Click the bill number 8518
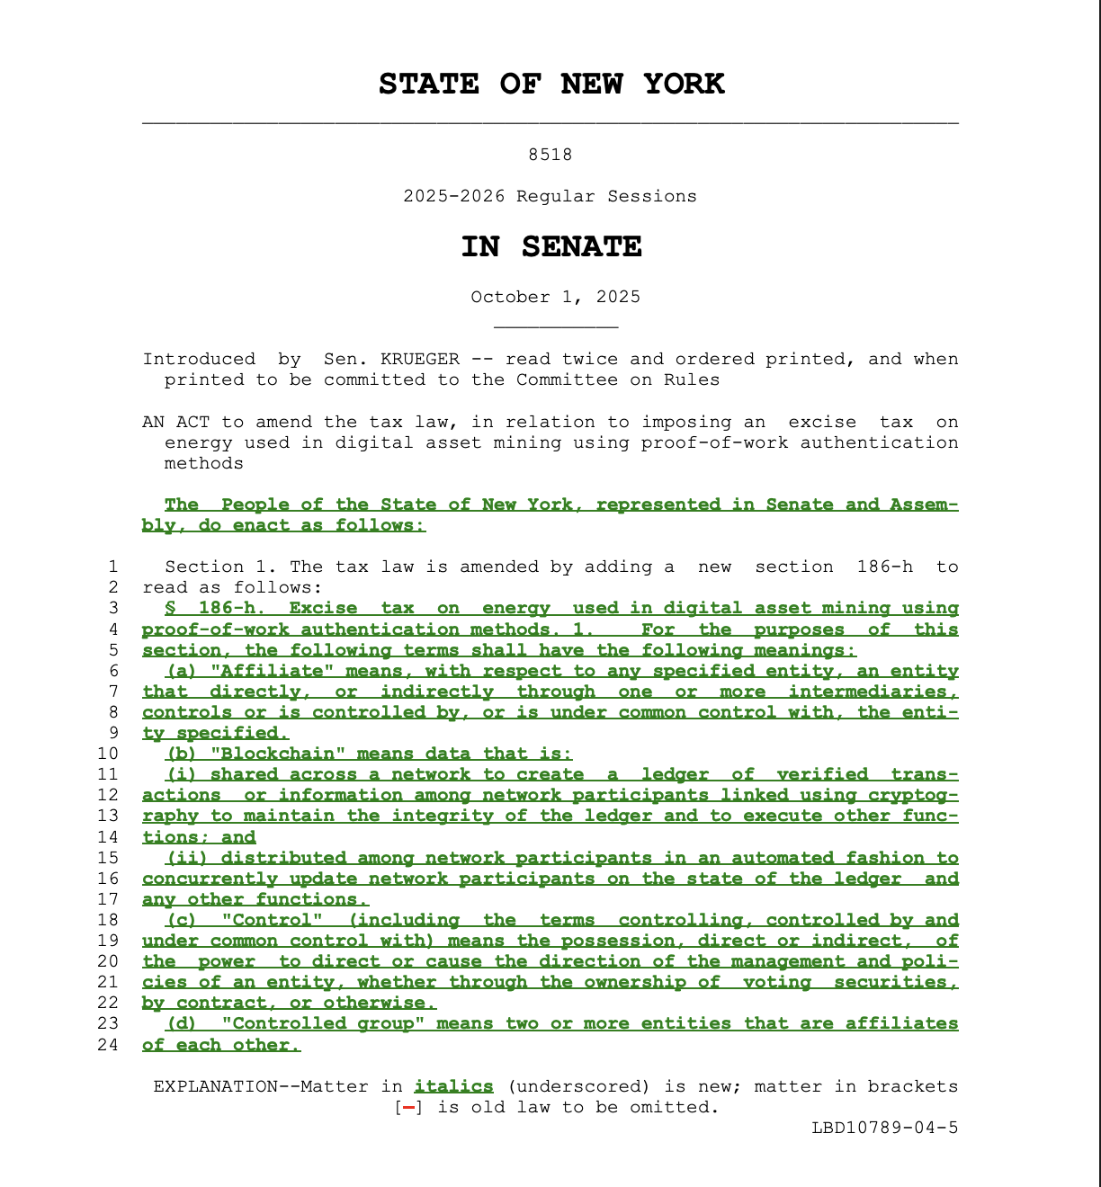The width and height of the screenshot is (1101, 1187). tap(550, 155)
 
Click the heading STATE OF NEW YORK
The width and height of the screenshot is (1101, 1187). tap(550, 85)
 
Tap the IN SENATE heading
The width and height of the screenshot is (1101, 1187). tap(550, 247)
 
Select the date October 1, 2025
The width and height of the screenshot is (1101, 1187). tap(555, 297)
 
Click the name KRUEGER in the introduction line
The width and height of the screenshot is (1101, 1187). tap(419, 359)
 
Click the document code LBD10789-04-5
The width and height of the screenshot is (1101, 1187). tap(884, 1128)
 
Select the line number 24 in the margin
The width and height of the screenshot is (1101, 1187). tap(108, 1045)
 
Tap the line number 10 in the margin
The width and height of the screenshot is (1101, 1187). tap(108, 754)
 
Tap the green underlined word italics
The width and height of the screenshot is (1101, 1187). tap(453, 1086)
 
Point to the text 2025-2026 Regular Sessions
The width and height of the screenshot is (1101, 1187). tap(550, 196)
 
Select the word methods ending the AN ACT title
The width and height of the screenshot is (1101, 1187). tap(203, 463)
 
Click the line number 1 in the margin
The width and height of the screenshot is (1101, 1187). tap(112, 567)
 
